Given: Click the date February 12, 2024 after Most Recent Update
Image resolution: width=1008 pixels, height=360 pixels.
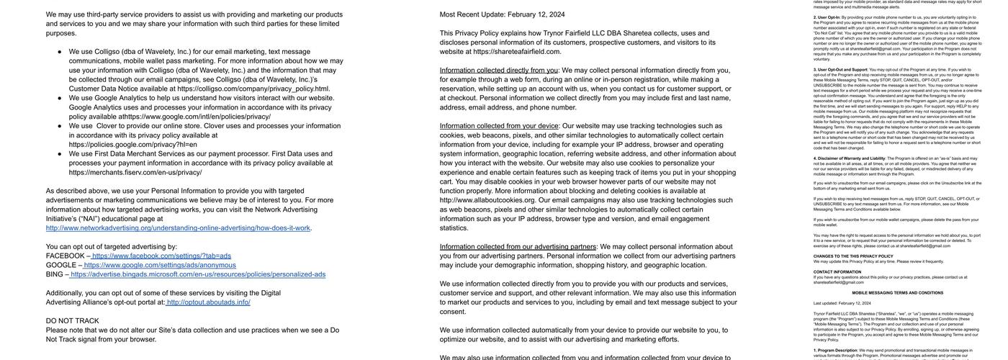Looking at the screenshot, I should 536,14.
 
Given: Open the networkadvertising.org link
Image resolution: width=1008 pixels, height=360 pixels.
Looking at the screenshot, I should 178,228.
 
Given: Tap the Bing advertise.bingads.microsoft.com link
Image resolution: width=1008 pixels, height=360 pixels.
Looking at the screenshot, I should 198,274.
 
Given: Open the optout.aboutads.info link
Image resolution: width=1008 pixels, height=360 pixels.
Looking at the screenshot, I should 208,302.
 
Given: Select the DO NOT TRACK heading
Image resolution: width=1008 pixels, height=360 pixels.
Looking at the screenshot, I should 73,321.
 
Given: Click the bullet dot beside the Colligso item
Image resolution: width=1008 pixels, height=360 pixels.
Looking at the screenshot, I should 60,52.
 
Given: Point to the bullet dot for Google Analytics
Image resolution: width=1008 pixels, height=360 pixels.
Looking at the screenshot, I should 60,99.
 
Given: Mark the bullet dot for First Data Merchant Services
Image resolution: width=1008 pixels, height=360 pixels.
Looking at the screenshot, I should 60,154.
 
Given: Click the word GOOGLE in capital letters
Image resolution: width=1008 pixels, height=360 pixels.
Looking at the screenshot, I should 61,265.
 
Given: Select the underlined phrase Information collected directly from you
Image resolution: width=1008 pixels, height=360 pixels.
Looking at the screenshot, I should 498,71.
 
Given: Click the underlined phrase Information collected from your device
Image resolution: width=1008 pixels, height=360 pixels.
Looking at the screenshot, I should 499,126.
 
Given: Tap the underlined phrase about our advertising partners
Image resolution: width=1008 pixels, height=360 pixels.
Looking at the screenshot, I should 518,247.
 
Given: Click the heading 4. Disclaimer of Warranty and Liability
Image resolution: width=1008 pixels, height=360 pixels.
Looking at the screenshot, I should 850,158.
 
